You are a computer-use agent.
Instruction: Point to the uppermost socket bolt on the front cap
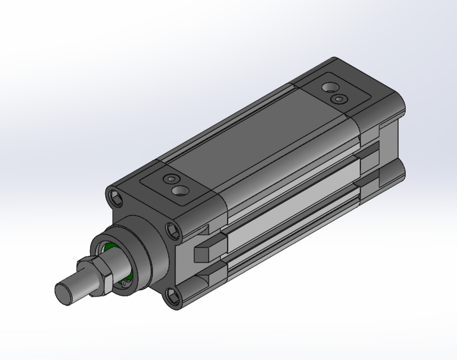116,197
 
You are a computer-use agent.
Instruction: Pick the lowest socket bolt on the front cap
175,293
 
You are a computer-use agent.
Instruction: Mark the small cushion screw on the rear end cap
338,99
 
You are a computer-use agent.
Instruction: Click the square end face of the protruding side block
201,254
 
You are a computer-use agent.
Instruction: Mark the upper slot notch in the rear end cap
371,152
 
